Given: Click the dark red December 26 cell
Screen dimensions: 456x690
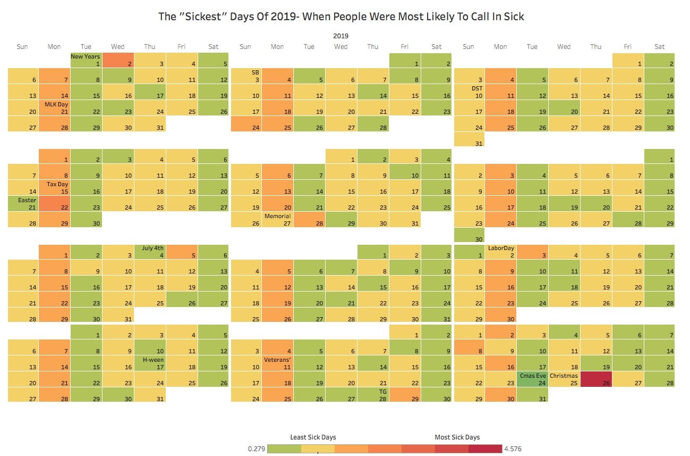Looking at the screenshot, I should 596,379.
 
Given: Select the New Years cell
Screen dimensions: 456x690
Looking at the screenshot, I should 86,60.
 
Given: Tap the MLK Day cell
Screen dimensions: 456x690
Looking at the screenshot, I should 54,108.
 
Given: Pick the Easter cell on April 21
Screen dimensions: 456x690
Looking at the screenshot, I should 23,204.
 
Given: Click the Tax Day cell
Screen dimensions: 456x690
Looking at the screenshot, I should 54,188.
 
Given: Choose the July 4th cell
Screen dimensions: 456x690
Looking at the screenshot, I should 150,252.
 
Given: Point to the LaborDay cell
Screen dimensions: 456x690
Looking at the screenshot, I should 500,252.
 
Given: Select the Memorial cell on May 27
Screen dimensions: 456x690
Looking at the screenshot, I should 277,220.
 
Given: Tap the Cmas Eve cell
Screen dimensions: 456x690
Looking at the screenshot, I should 532,379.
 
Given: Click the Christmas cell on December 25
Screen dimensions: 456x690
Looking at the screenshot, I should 564,379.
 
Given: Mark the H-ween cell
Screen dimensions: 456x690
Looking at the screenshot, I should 150,363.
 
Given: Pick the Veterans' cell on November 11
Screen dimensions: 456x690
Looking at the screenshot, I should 277,363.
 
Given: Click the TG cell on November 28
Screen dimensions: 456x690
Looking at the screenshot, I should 373,395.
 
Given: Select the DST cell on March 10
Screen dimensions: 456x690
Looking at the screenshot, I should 468,92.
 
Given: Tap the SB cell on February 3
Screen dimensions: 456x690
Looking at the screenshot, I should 245,76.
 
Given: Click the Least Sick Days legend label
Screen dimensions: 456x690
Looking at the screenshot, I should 313,437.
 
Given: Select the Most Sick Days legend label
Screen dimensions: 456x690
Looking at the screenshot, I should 457,437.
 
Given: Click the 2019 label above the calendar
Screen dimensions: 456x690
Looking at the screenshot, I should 340,36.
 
